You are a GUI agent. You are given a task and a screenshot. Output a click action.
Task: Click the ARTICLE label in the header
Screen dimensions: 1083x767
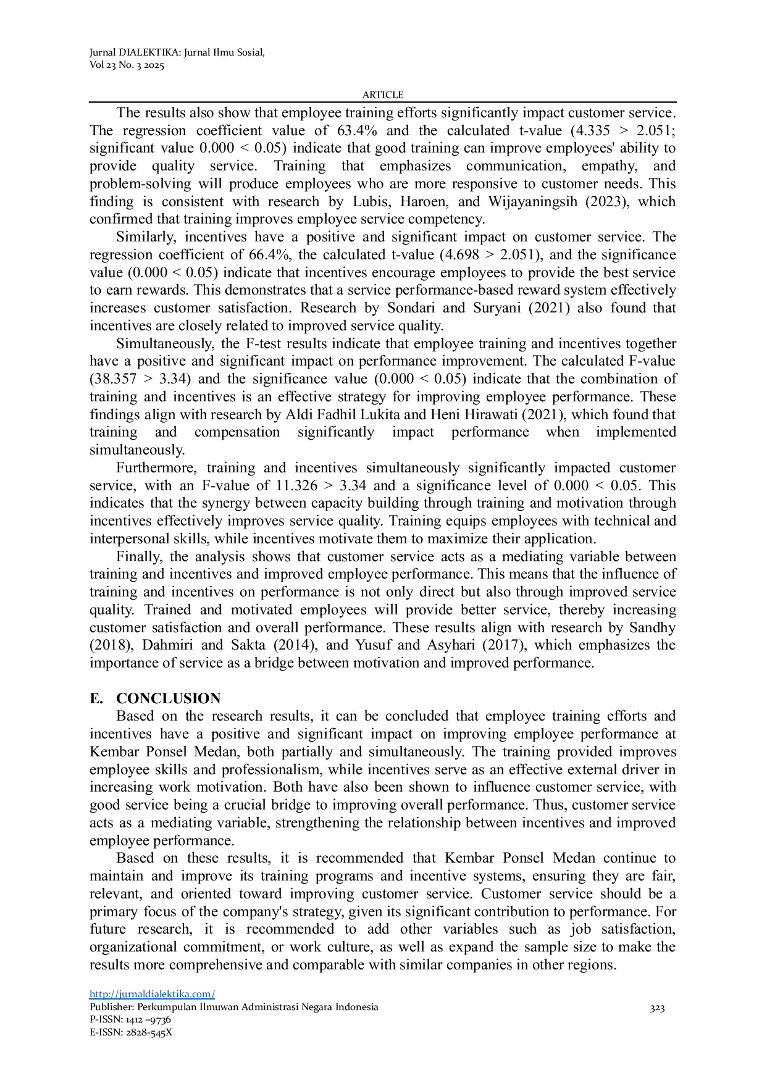click(383, 95)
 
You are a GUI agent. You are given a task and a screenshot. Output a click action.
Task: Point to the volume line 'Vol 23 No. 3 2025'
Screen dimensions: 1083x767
click(127, 65)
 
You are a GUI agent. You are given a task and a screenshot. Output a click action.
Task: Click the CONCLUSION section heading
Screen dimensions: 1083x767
click(168, 699)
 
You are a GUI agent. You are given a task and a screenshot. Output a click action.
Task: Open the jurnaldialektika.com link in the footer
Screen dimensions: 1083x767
click(152, 994)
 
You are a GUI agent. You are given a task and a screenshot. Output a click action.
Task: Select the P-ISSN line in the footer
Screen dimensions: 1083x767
click(130, 1019)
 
